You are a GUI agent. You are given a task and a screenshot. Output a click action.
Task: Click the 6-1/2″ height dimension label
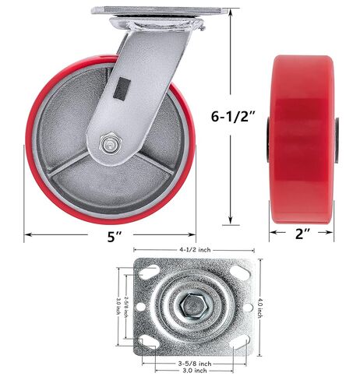pos(233,116)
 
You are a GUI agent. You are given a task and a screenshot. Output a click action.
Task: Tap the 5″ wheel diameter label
pos(115,236)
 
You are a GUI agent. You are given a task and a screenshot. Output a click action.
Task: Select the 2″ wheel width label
pos(302,234)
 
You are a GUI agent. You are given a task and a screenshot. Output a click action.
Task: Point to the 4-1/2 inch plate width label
pos(195,250)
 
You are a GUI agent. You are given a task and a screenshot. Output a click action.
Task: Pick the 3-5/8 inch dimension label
pos(195,364)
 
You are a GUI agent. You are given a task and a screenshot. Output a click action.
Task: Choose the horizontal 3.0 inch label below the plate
pos(195,371)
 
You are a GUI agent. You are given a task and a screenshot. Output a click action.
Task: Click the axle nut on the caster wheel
pos(111,144)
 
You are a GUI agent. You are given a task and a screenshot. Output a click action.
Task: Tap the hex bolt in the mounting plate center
pos(194,306)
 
